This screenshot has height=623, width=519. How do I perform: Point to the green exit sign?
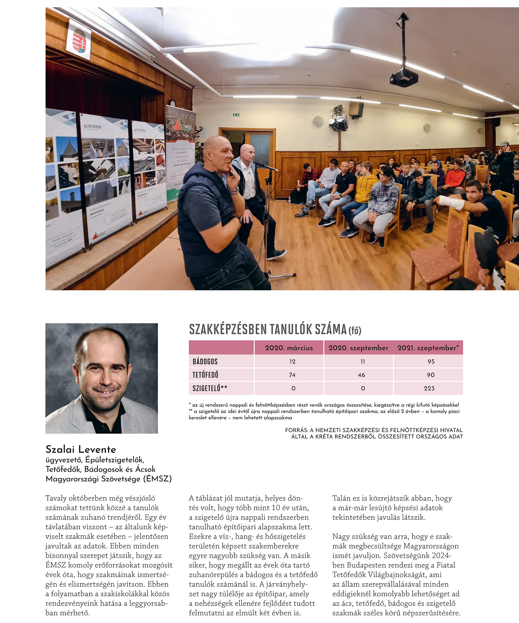[x=236, y=114]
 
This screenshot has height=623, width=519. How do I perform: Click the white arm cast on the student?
[x=451, y=203]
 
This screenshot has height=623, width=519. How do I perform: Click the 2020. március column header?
[x=289, y=348]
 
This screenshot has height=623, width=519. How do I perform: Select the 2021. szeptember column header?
[x=428, y=348]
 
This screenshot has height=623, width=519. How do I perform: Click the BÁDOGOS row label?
[x=205, y=361]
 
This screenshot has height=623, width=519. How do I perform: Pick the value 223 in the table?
[x=429, y=388]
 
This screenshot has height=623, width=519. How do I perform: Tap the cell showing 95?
[x=431, y=361]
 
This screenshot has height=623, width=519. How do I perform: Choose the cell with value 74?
[x=292, y=375]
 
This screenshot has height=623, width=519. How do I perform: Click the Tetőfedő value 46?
[x=361, y=375]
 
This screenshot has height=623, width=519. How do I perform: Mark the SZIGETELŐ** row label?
[x=210, y=388]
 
